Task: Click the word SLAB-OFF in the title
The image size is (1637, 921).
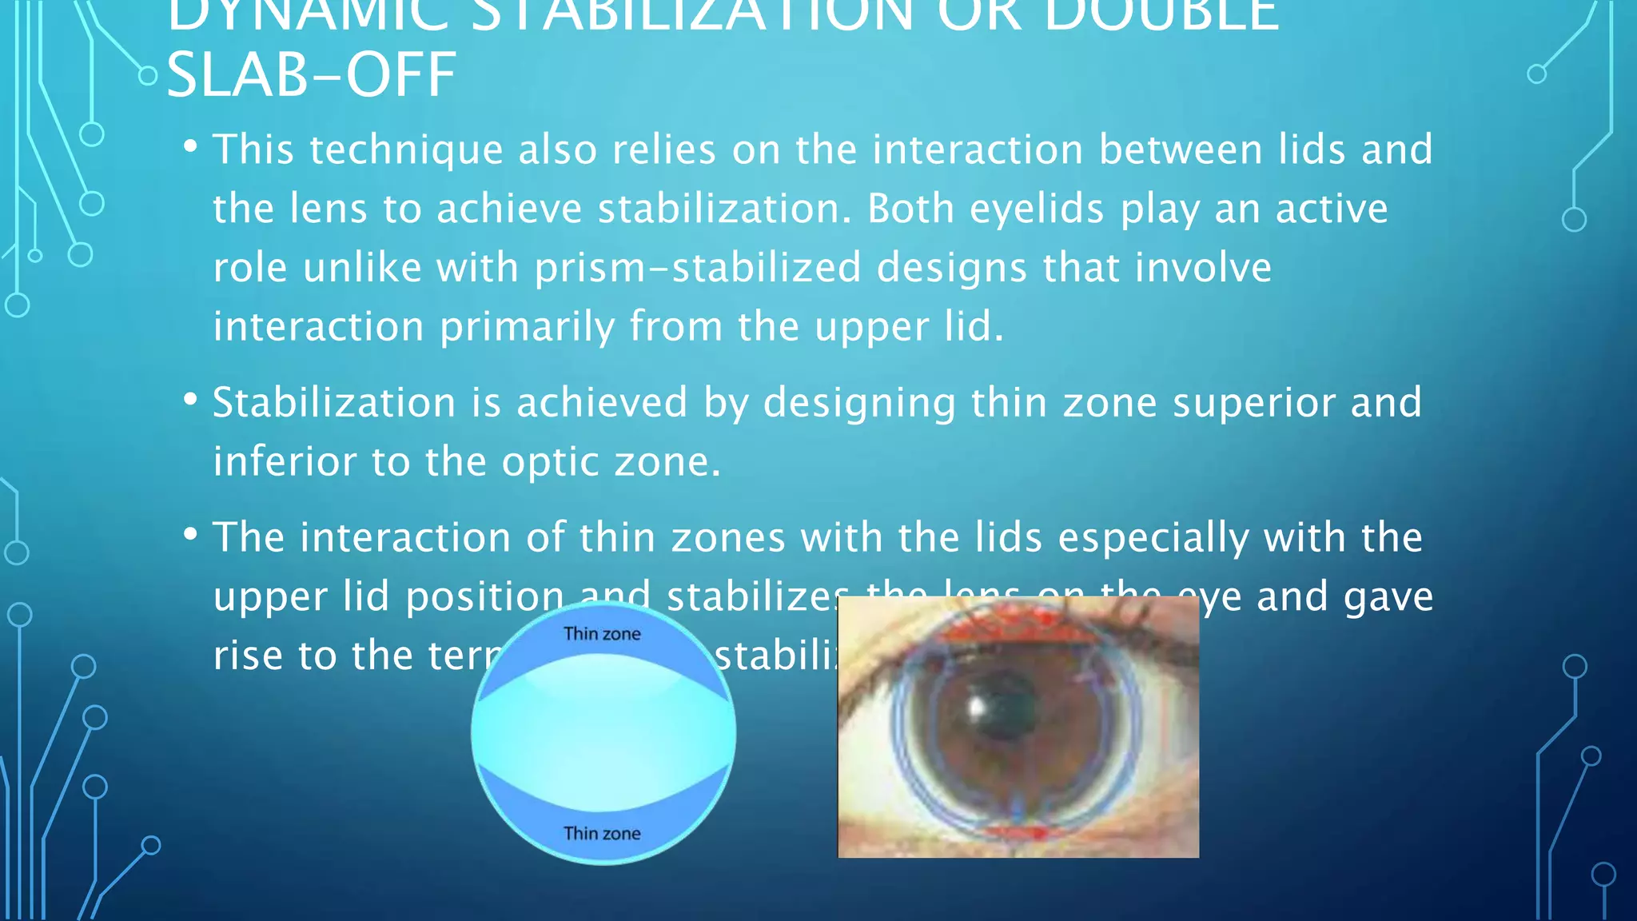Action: (311, 75)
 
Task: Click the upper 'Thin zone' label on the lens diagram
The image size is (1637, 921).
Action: (602, 634)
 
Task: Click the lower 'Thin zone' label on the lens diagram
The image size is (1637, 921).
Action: (602, 834)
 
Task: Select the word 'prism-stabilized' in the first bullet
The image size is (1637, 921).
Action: (698, 268)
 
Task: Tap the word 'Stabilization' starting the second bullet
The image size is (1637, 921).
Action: (334, 403)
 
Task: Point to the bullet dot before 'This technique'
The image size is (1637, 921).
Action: (190, 147)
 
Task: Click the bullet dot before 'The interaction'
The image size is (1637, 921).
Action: (190, 534)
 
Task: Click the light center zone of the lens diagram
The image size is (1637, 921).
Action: (603, 732)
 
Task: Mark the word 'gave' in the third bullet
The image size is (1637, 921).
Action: (1388, 597)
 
